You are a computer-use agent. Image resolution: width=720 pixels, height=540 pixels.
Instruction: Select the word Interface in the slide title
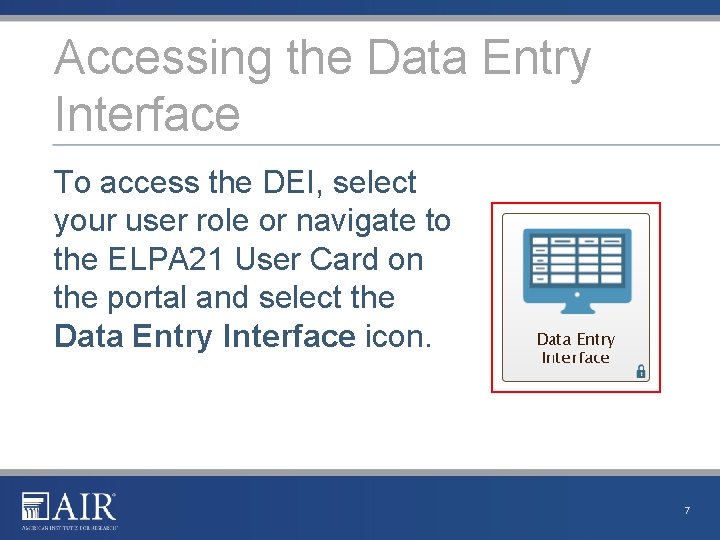click(147, 113)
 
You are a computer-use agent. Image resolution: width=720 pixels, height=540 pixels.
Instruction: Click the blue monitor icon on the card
click(576, 265)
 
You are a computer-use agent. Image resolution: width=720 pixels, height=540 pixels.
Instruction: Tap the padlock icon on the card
click(641, 372)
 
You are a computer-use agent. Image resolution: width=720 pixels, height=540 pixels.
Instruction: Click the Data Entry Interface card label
click(576, 348)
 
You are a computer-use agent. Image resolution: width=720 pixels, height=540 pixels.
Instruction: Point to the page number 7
click(687, 511)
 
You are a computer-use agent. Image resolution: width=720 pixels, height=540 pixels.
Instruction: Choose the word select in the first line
click(374, 183)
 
